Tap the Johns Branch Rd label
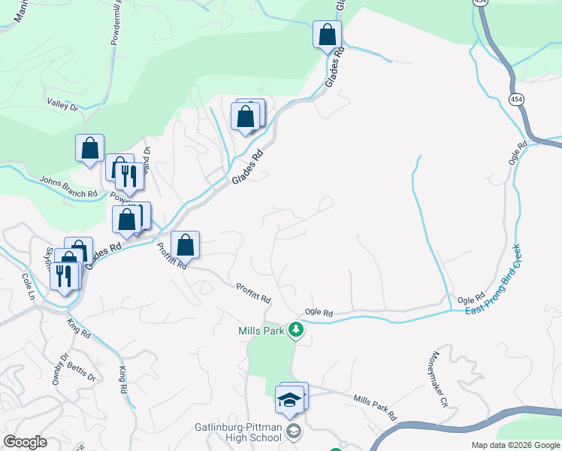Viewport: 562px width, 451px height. (x=68, y=187)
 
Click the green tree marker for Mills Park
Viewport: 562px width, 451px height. (x=297, y=330)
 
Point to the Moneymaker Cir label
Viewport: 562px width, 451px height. (x=440, y=390)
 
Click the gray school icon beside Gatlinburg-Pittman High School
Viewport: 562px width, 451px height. (x=293, y=431)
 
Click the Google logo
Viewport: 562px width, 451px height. (x=25, y=442)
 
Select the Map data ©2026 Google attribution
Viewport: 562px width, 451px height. (x=515, y=445)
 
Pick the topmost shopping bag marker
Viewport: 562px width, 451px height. (x=327, y=34)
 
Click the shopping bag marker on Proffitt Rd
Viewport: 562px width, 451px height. (x=186, y=245)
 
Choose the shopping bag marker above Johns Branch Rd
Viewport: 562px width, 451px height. (x=90, y=148)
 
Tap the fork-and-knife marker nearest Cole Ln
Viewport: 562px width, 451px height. (x=62, y=276)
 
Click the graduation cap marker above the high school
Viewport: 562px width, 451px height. (x=289, y=400)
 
